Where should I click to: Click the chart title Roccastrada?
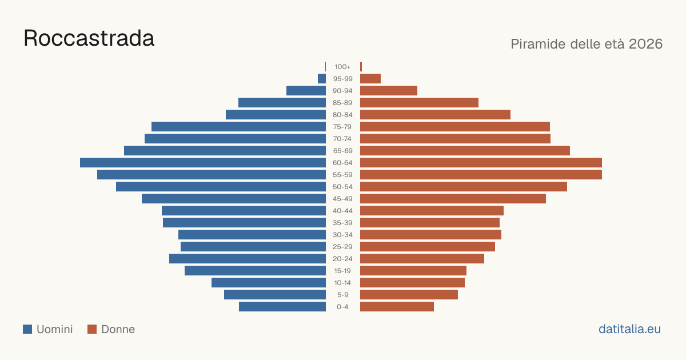click(89, 38)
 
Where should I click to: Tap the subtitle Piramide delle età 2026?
click(587, 44)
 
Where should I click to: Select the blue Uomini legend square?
click(27, 329)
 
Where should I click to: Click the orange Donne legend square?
click(92, 329)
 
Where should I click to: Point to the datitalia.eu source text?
click(629, 329)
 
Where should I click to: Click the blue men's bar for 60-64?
click(203, 162)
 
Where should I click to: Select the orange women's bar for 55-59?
click(481, 174)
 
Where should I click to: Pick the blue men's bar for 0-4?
click(282, 307)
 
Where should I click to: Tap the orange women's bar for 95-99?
click(370, 79)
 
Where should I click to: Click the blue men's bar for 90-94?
click(306, 91)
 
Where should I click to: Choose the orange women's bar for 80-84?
click(435, 114)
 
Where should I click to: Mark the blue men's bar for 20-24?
click(248, 259)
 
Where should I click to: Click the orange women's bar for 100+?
click(361, 67)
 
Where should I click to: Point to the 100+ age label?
click(342, 67)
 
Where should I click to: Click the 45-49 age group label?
click(342, 199)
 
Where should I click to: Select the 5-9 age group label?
click(342, 295)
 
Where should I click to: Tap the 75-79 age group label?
click(342, 127)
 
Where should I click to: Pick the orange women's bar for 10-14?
click(412, 282)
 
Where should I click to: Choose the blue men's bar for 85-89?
click(282, 102)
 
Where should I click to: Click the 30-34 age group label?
click(342, 235)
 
